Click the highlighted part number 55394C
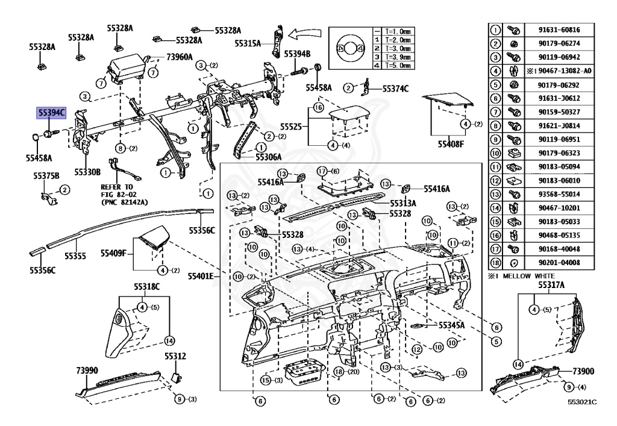[51, 112]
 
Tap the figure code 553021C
[581, 401]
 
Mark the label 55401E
[201, 276]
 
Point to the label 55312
[175, 356]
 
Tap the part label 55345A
[451, 325]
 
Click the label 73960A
[180, 57]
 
